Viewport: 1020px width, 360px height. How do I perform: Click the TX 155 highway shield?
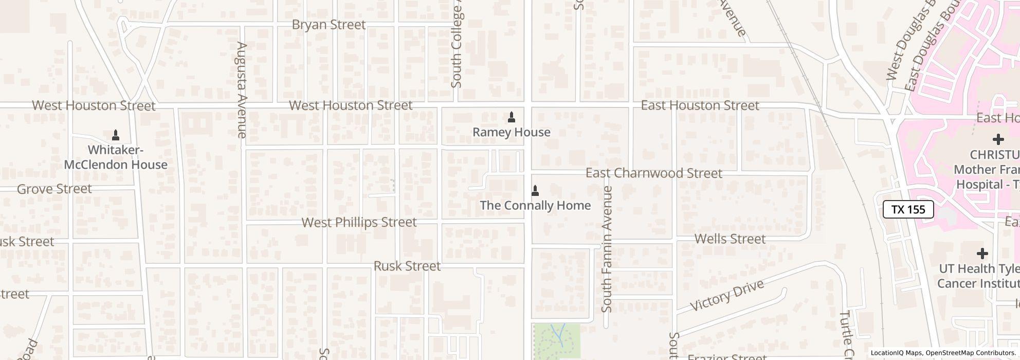point(908,209)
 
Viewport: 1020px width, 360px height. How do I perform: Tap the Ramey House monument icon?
point(511,118)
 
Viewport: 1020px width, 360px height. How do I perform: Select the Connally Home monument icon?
point(535,191)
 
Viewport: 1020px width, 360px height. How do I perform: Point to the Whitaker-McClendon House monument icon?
point(116,136)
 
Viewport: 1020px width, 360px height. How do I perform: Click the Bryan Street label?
point(329,25)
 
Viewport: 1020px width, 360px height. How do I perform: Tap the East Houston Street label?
point(700,105)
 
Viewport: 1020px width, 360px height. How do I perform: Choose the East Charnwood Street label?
point(653,173)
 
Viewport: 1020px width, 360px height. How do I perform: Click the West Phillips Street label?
point(359,222)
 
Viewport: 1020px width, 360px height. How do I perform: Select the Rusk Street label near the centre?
point(407,266)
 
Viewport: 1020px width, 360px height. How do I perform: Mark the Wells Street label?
point(730,239)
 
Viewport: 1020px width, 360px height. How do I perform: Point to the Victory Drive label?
point(726,296)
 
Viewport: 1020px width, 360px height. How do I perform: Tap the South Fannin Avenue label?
point(607,249)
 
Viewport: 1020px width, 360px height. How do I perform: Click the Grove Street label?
point(54,189)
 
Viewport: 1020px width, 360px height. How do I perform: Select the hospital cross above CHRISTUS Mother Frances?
point(998,139)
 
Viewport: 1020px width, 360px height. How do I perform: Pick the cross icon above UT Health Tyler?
point(982,253)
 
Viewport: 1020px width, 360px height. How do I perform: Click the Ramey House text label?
point(511,132)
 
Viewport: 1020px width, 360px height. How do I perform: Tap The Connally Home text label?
point(535,205)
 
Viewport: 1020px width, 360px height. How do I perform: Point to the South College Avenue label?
point(456,46)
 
